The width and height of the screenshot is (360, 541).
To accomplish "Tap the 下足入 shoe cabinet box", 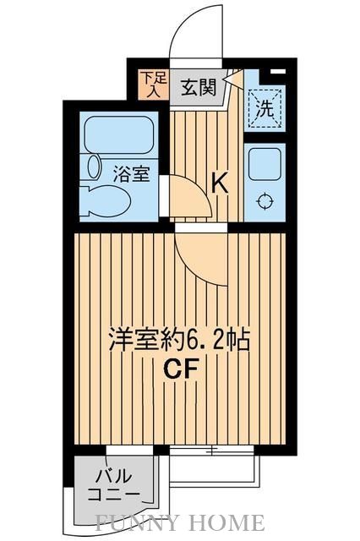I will (153, 85).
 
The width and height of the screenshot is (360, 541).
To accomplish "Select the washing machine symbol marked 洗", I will (264, 110).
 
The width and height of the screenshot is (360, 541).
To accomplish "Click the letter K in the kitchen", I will (220, 181).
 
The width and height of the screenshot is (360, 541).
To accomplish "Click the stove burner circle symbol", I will (265, 200).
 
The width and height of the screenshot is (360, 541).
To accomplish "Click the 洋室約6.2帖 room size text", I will (177, 341).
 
